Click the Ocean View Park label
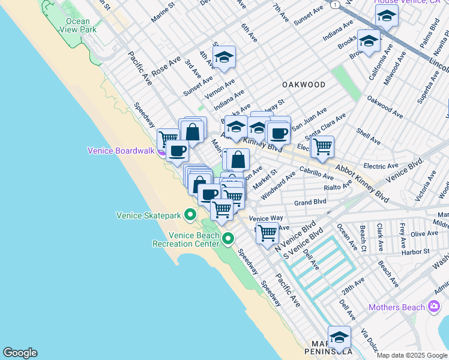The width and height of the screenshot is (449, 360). [77, 25]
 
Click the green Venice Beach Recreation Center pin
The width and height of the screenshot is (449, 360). [228, 239]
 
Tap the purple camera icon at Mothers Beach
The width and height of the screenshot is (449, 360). [434, 307]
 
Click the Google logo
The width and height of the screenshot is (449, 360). [20, 353]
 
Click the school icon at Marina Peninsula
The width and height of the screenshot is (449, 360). [339, 337]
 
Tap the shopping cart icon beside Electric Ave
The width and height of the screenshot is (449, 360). [322, 145]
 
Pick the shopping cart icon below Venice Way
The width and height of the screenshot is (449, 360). [267, 231]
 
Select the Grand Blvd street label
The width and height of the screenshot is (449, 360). [311, 203]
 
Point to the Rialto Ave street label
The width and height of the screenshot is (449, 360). [337, 187]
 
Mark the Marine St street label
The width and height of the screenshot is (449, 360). [163, 11]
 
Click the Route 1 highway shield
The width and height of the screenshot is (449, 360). [333, 5]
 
